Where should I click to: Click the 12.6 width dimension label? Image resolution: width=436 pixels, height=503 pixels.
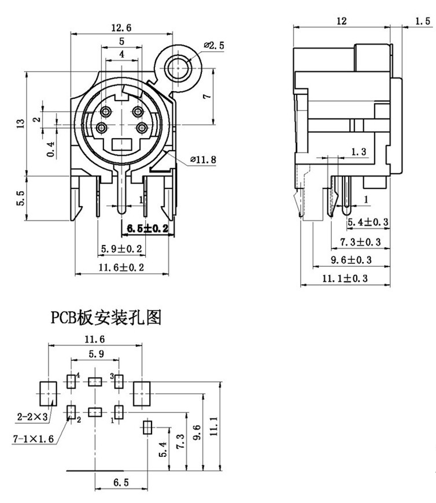click(121, 27)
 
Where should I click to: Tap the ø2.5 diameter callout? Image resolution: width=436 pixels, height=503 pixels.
click(214, 46)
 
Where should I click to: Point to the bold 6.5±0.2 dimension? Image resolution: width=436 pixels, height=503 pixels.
click(145, 229)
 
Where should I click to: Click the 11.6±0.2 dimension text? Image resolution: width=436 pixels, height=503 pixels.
click(121, 267)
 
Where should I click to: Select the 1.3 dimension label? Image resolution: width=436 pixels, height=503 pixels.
click(359, 152)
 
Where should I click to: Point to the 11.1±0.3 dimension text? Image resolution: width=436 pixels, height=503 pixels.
click(346, 278)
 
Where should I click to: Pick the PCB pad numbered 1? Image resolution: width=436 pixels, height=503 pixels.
click(119, 412)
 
